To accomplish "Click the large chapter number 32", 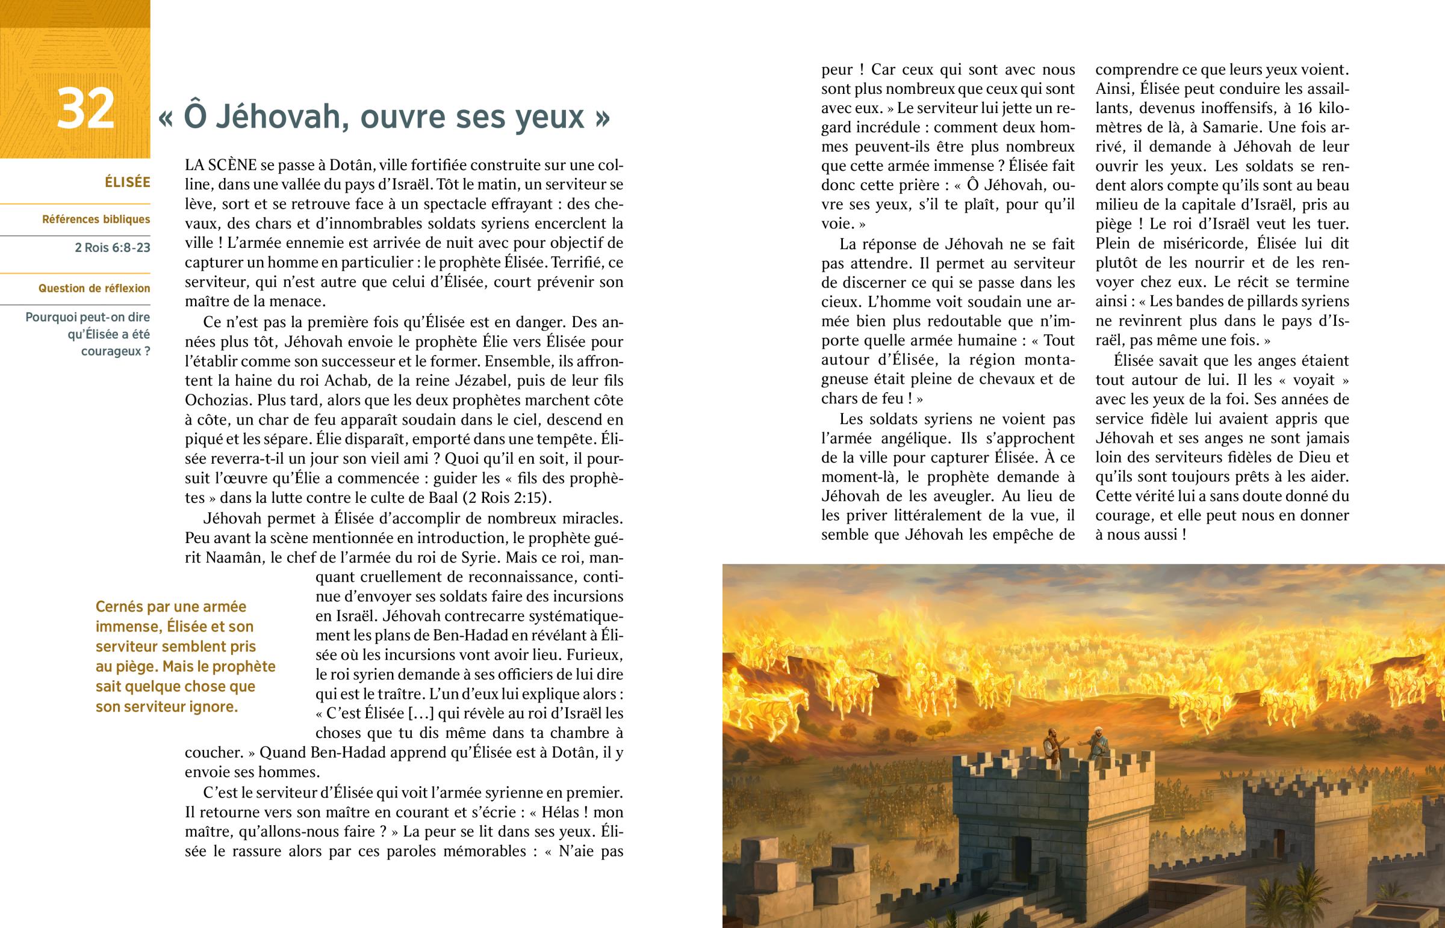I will coord(85,109).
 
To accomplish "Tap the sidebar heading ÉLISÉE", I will coord(127,183).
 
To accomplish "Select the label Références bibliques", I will coord(96,220).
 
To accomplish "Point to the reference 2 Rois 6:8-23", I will coord(112,248).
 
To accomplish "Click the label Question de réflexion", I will coord(94,288).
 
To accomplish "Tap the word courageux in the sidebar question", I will coord(111,351).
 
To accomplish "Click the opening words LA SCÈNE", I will coord(222,166).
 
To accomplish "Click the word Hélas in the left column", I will coord(561,813).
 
